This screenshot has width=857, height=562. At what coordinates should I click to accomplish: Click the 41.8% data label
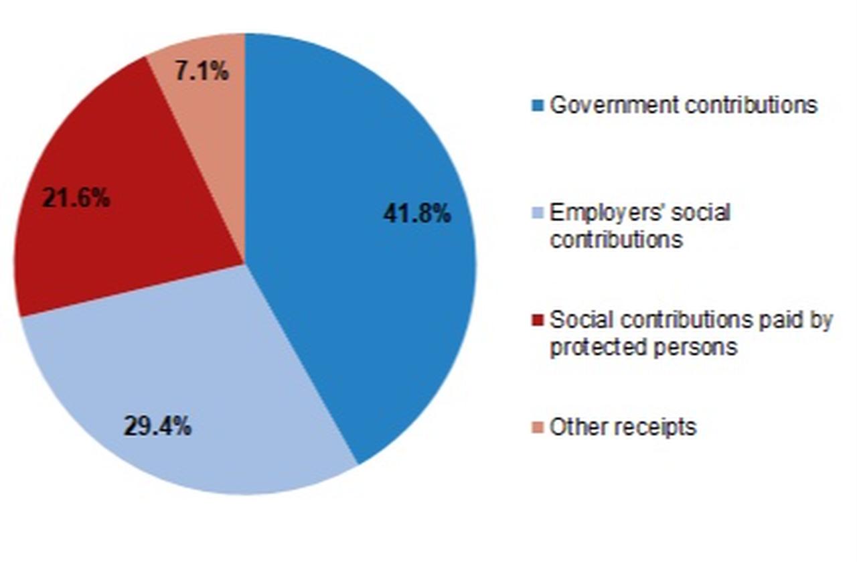pyautogui.click(x=417, y=214)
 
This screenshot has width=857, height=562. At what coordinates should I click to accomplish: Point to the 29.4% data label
pyautogui.click(x=157, y=426)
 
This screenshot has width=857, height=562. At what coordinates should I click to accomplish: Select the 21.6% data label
pyautogui.click(x=76, y=198)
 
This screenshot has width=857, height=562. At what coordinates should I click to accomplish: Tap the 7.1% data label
pyautogui.click(x=202, y=71)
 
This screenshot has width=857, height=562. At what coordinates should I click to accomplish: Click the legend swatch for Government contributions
pyautogui.click(x=537, y=106)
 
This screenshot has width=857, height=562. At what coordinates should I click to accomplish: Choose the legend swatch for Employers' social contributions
pyautogui.click(x=537, y=214)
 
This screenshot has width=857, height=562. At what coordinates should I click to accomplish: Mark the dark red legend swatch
pyautogui.click(x=537, y=321)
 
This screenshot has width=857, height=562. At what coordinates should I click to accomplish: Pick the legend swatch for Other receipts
pyautogui.click(x=537, y=427)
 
